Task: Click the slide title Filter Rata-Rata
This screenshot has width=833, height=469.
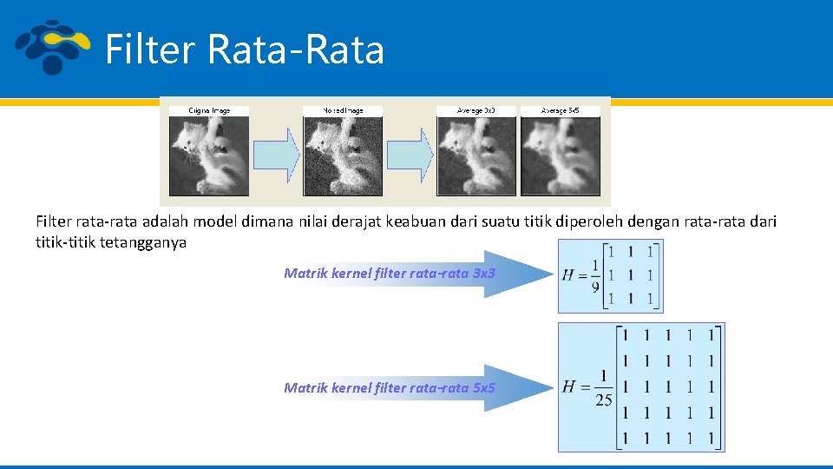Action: tap(244, 49)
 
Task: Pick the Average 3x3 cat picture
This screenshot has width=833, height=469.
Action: tap(476, 155)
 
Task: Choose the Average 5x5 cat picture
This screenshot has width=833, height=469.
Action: tap(560, 155)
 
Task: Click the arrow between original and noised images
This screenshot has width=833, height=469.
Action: tap(276, 155)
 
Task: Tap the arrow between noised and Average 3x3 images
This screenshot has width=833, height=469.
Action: tap(409, 155)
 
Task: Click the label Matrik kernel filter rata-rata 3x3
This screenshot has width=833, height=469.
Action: tap(390, 273)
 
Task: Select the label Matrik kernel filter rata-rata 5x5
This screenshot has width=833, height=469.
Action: tap(390, 387)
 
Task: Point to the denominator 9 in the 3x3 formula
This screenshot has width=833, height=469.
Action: tap(596, 287)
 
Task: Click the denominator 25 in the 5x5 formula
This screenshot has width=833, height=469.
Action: tap(603, 400)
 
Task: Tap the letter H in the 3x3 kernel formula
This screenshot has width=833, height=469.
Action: tap(569, 274)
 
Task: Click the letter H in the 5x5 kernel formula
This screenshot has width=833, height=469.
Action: tap(570, 386)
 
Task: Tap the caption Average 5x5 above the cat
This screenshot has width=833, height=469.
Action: tap(560, 110)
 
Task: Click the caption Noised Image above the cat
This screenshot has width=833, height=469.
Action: tap(343, 110)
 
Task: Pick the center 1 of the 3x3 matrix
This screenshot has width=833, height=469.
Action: tap(631, 275)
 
